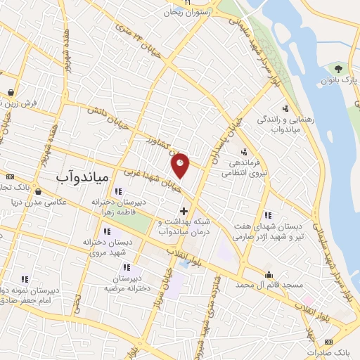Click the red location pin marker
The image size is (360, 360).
(181, 165)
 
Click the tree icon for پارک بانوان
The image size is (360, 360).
(339, 68)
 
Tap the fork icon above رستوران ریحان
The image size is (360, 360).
(188, 3)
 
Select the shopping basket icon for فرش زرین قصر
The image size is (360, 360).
(11, 92)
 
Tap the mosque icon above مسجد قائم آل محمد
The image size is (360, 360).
(269, 274)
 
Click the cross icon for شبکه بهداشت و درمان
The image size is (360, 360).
(184, 211)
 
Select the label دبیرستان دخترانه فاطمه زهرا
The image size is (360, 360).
(117, 205)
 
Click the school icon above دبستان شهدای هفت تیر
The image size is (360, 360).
(267, 215)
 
